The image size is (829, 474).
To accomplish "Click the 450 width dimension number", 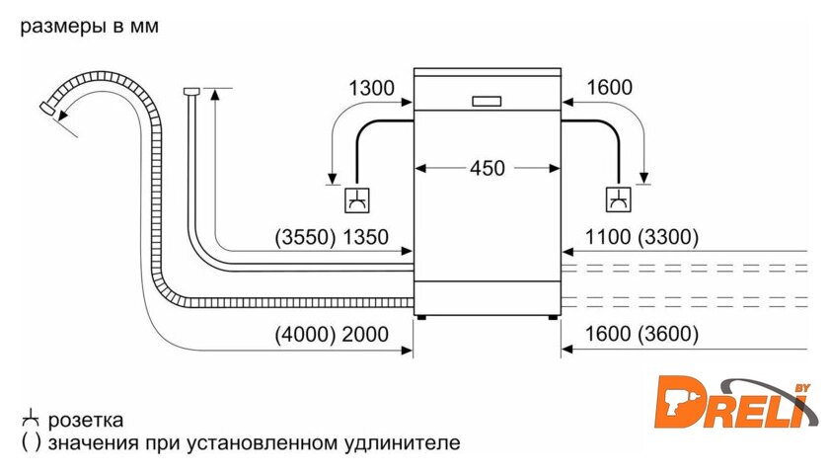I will [487, 168].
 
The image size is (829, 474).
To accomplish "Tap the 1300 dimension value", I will [371, 88].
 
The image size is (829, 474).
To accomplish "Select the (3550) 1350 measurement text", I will [332, 237].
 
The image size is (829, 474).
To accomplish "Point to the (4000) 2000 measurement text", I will [332, 334].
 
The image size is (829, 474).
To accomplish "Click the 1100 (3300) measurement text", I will [641, 237].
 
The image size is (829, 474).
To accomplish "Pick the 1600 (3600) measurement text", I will [641, 334].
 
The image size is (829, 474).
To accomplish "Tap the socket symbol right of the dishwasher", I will [618, 199].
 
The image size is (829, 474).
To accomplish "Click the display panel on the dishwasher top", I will [487, 100].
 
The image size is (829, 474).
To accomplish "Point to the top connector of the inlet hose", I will [191, 92].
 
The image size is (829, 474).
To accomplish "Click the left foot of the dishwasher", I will [422, 317].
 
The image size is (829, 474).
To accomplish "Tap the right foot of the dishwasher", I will [551, 317].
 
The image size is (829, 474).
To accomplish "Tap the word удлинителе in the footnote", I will [406, 442].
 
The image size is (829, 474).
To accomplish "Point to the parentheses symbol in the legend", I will [31, 442].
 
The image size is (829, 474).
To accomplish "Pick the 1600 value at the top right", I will [608, 88].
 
